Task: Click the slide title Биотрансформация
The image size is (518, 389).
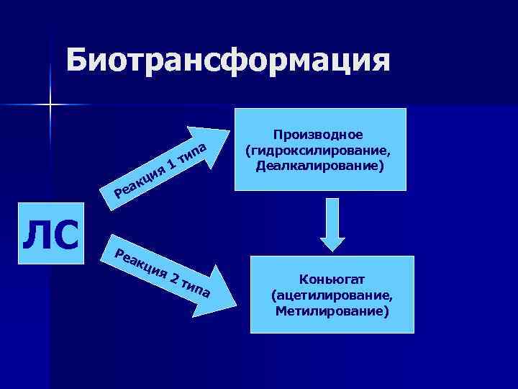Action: tap(229, 60)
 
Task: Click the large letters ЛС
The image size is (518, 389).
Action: tap(50, 235)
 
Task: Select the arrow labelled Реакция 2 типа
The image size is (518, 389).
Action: tap(162, 274)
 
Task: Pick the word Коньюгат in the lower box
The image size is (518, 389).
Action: tap(332, 280)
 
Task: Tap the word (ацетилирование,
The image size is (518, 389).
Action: tap(332, 295)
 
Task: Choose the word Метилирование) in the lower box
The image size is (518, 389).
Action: tap(332, 311)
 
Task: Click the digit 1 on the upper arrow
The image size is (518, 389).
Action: tap(171, 164)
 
